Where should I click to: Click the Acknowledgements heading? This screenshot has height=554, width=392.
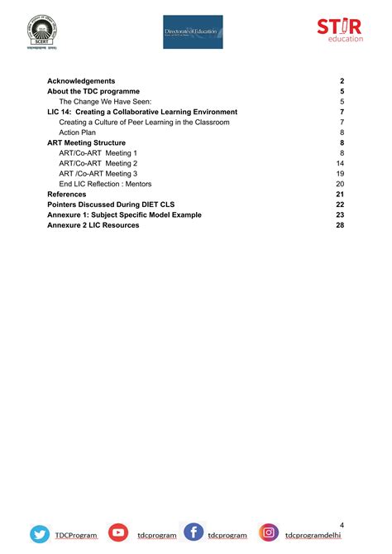pos(81,80)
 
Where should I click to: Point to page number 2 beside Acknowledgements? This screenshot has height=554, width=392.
pos(342,80)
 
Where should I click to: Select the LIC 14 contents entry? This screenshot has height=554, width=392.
pos(142,112)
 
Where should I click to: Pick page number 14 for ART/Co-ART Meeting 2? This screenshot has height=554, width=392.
pos(340,163)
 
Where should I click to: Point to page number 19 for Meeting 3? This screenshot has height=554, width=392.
pos(340,174)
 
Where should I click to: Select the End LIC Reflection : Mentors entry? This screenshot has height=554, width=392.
pos(117,184)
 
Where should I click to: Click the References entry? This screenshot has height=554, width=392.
pos(67,194)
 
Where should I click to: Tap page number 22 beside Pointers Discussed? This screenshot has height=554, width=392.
pos(340,205)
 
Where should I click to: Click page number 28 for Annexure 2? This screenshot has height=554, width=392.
pos(340,225)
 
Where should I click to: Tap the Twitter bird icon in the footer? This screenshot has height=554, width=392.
pos(40,534)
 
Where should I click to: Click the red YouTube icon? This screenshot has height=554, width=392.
pos(118,534)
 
